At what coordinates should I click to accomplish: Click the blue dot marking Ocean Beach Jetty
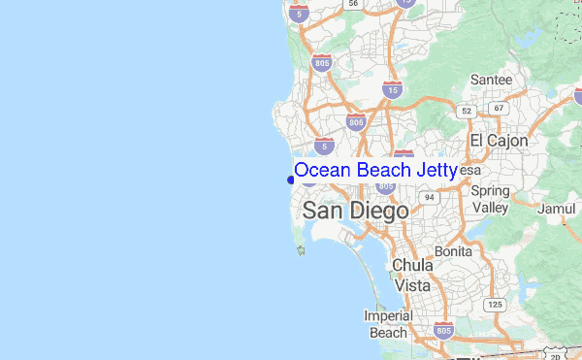point(291,179)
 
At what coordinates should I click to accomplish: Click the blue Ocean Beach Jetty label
point(375,171)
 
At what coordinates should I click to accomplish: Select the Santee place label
point(491,79)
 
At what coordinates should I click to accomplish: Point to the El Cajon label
point(499,141)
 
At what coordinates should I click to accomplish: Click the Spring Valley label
point(490,199)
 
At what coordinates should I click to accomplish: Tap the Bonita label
point(453,250)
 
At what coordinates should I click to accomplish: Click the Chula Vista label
point(411,275)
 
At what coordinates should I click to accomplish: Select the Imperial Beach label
point(388,324)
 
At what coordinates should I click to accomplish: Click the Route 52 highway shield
point(467,111)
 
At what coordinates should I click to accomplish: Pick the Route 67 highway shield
point(499,108)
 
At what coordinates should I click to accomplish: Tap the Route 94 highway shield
point(428,197)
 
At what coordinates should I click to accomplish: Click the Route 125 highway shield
point(496,305)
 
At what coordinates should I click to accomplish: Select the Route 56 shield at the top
point(354,4)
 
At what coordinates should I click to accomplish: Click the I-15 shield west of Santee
point(393,90)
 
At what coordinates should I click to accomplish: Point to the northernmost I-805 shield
point(322,63)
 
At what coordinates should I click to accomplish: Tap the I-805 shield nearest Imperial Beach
point(443,330)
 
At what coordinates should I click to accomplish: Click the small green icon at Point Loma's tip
point(302,251)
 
